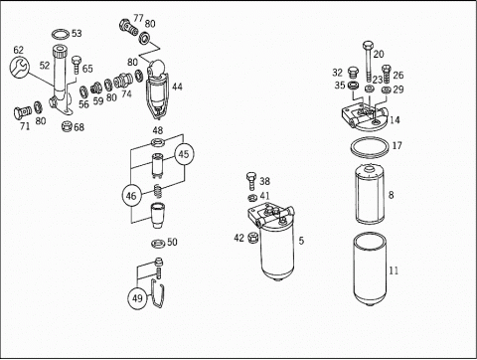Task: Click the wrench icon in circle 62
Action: point(19,68)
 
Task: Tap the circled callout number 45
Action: point(184,154)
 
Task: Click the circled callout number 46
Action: point(131,196)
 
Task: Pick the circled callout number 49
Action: point(137,298)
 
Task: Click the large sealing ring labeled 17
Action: point(369,146)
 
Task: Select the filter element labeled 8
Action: point(369,194)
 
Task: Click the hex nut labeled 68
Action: point(68,126)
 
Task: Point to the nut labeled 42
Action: point(252,238)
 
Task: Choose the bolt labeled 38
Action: point(251,181)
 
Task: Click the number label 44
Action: point(177,87)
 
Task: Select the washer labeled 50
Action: point(158,244)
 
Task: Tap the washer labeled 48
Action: point(158,142)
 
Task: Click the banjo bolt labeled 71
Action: point(23,111)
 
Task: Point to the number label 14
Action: point(395,119)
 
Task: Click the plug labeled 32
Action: point(353,72)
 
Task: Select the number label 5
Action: point(301,241)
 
